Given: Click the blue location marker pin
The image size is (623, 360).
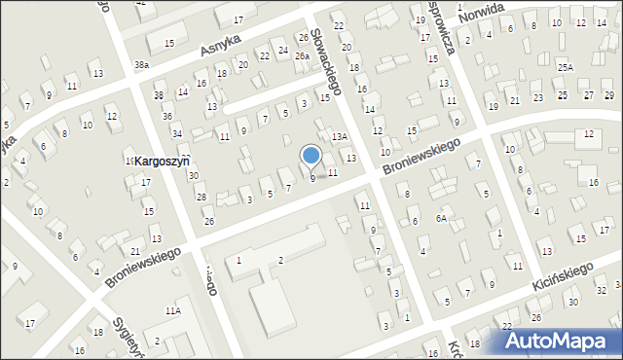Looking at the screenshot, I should point(311,156).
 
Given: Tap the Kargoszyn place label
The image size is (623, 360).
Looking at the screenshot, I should point(161,160).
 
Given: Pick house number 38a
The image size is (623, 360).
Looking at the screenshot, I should point(142,64).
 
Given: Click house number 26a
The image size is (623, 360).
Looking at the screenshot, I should point(303,56).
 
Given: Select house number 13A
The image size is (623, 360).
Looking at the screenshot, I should point(339,137).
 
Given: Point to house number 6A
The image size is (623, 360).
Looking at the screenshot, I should point(441,219).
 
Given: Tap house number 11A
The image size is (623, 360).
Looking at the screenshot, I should point(172,310).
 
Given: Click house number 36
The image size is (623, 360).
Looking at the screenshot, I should point(167,117).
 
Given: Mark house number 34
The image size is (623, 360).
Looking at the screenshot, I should point(176,133).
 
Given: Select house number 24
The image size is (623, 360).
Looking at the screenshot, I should point(283,50).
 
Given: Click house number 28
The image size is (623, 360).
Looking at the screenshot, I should point(202,198).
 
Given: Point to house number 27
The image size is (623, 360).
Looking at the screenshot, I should point(587,95).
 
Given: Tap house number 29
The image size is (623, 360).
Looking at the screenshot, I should point(609,95).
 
